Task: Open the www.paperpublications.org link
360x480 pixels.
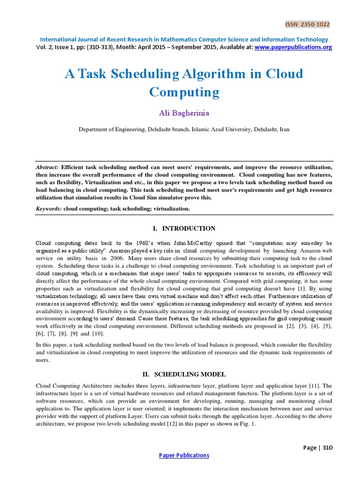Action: click(293, 47)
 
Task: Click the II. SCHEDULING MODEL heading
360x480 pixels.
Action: click(184, 374)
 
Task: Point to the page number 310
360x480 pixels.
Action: click(327, 448)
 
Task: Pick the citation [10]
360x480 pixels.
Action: click(98, 333)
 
